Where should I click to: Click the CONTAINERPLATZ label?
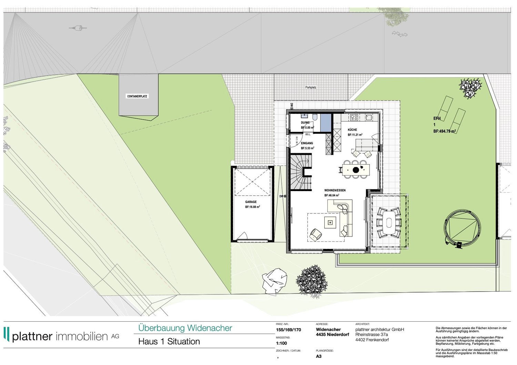click(x=137, y=96)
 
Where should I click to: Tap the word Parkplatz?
click(x=311, y=87)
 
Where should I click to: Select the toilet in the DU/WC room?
click(x=315, y=116)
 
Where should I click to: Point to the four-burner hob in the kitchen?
click(x=354, y=117)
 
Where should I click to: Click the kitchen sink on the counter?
click(x=369, y=117)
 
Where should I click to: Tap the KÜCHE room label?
click(x=352, y=130)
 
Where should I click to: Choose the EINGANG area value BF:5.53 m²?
click(x=307, y=148)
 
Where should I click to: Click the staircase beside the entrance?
click(x=301, y=172)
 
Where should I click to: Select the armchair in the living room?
click(x=315, y=234)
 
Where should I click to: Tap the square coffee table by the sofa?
click(x=330, y=222)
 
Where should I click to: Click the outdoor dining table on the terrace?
click(x=389, y=223)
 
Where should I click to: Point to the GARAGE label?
click(x=251, y=202)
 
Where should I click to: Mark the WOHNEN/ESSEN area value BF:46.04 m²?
click(x=332, y=196)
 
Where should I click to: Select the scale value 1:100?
click(x=282, y=343)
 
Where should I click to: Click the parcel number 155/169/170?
click(x=288, y=330)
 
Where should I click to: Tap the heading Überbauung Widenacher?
click(x=185, y=328)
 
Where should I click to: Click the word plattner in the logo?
click(x=32, y=336)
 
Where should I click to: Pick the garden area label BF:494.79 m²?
click(x=445, y=132)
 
